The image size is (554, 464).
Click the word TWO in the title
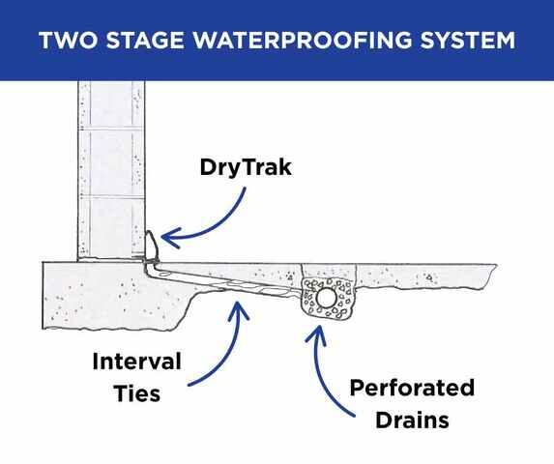(x=67, y=40)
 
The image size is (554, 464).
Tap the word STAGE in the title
(x=145, y=40)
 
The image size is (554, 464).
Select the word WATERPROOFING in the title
(x=303, y=40)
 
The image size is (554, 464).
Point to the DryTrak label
(x=246, y=167)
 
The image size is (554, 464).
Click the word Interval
(x=136, y=362)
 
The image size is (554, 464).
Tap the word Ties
(x=137, y=393)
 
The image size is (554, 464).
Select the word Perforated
(x=412, y=388)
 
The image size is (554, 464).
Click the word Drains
(x=412, y=420)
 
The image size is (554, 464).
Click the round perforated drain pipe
(x=326, y=298)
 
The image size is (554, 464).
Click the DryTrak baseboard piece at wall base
(x=152, y=246)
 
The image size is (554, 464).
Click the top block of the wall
(x=111, y=105)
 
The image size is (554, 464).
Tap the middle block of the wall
(x=111, y=162)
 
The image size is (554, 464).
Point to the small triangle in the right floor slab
(x=429, y=277)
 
